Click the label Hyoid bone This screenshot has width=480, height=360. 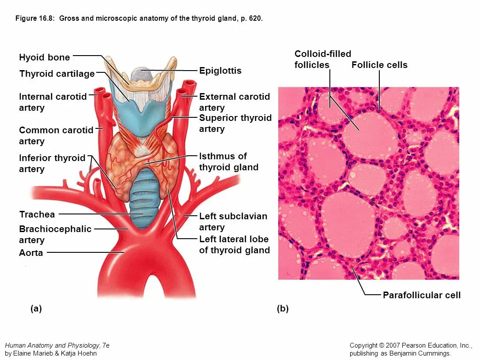click(44, 57)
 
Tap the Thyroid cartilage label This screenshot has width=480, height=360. click(57, 74)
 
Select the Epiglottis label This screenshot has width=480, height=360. click(220, 71)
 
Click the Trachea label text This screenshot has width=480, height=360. click(37, 214)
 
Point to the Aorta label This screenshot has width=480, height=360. click(31, 253)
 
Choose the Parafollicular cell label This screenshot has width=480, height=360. click(421, 295)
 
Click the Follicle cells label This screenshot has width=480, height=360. click(379, 65)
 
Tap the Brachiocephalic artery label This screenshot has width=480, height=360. click(55, 234)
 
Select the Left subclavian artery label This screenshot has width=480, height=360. click(233, 221)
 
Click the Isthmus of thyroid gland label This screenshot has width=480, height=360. click(228, 161)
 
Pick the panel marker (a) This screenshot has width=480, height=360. click(36, 308)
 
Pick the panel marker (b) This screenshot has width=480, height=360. click(283, 308)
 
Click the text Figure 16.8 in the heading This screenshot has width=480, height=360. click(34, 19)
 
